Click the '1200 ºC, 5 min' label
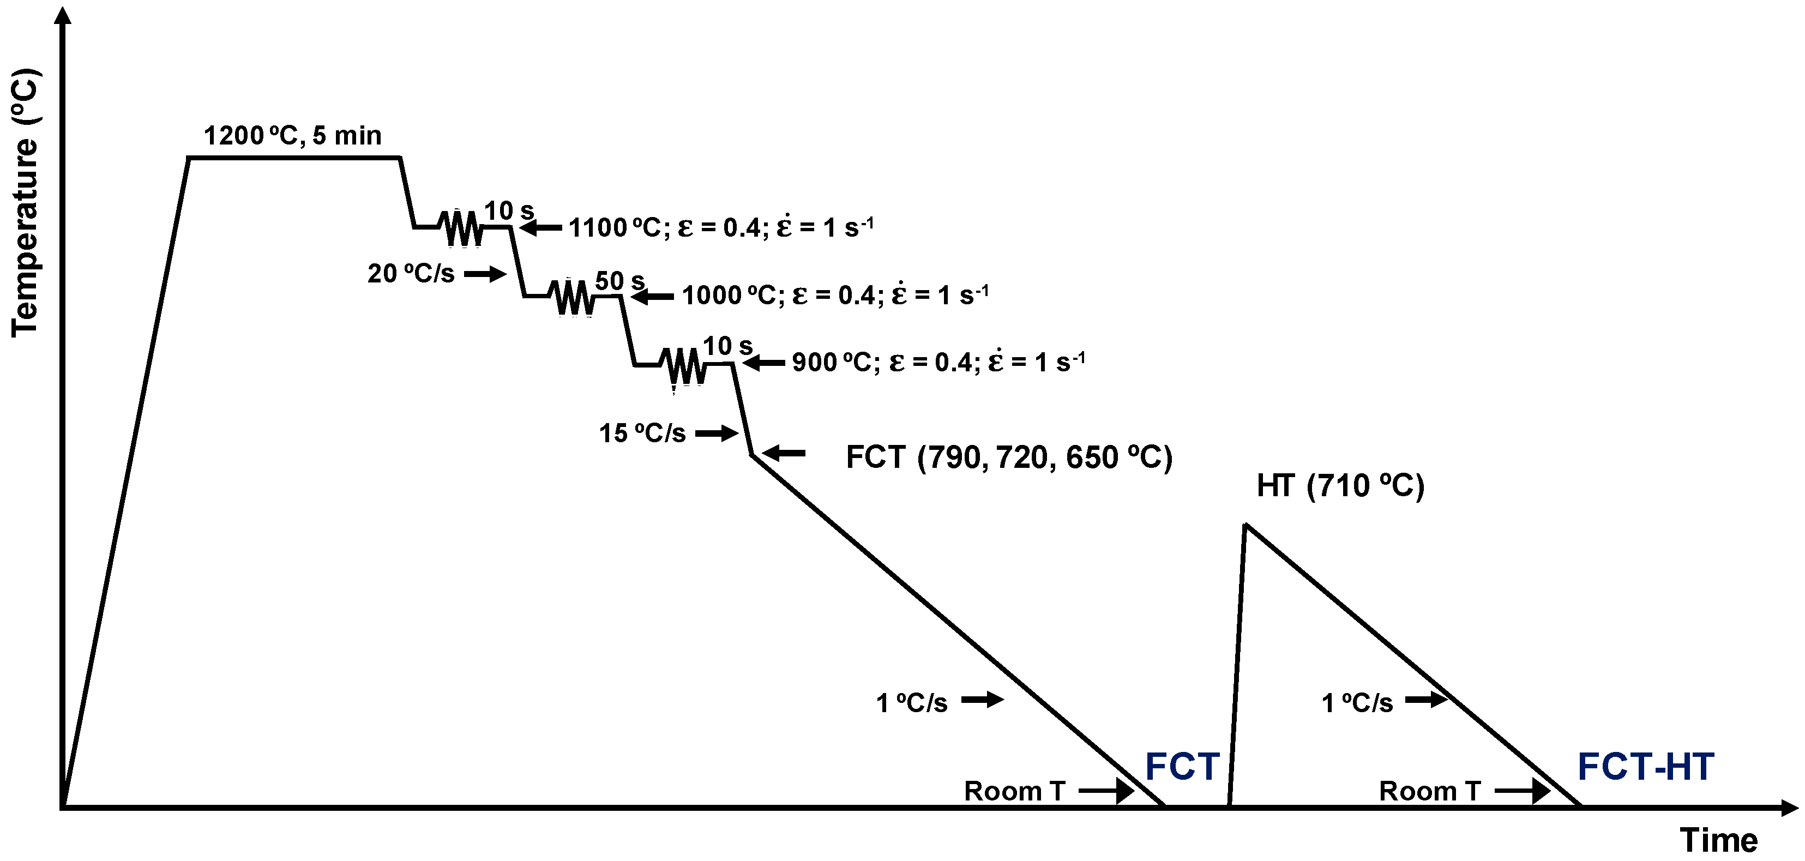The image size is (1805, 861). click(292, 135)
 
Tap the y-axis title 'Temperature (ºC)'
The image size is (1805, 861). click(25, 203)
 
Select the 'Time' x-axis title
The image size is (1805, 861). click(1719, 840)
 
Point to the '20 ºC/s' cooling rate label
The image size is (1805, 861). click(411, 274)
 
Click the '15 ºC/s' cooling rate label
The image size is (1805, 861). click(642, 433)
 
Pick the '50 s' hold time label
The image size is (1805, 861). click(619, 281)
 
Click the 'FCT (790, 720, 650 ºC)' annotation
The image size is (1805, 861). click(1009, 457)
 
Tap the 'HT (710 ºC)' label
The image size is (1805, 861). click(1340, 485)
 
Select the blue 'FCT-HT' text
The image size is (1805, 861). click(1645, 767)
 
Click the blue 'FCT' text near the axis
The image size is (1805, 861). click(1182, 767)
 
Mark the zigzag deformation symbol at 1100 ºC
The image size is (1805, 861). click(462, 228)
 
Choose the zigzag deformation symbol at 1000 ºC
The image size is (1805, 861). click(574, 298)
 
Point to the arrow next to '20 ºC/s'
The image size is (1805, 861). click(485, 274)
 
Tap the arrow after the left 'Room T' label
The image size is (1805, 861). click(1106, 792)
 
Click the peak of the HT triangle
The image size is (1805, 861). click(1245, 525)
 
